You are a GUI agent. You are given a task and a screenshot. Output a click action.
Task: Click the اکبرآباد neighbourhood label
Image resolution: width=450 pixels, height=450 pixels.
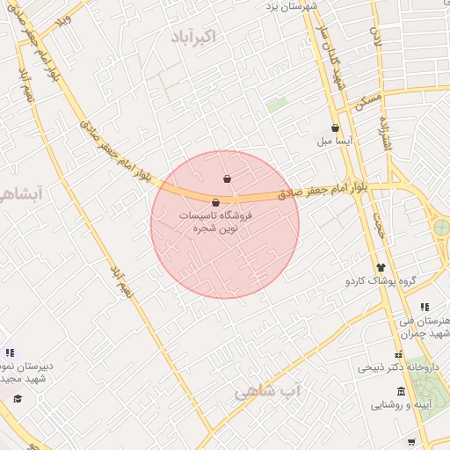pos(214,37)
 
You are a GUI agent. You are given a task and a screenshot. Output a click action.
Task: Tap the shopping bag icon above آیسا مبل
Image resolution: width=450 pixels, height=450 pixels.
pos(336,128)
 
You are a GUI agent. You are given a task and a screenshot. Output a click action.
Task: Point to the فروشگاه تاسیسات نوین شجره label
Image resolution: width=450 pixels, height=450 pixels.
pos(216,221)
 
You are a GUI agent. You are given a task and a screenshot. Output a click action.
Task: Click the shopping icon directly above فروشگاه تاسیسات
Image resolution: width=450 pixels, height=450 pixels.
pos(216,202)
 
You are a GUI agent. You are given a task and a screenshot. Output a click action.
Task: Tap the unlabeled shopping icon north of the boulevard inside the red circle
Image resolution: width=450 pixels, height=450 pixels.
pos(228,179)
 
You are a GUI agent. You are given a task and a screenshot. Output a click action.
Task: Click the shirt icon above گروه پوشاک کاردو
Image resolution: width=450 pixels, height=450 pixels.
pos(381,267)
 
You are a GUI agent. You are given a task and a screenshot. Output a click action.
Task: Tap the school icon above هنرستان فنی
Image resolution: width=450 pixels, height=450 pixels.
pos(425,307)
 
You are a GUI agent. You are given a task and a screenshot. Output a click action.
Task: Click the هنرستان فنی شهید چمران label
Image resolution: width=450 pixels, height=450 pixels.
pos(425,327)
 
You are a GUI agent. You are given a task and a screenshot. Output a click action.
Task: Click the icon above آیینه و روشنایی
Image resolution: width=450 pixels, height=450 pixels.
pos(401,391)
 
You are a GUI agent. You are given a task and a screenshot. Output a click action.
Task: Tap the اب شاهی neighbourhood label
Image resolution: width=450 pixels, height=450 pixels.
pos(267,391)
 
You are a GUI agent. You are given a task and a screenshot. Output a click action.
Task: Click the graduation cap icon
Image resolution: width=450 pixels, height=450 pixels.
pos(17,399)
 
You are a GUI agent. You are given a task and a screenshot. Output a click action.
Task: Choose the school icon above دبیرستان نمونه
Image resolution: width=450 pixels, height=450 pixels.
pos(9,352)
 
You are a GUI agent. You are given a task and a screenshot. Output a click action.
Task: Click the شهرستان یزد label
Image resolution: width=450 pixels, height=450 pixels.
pos(292,5)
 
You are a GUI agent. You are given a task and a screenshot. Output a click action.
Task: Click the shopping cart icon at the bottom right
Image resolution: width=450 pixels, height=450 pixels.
pos(411,441)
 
